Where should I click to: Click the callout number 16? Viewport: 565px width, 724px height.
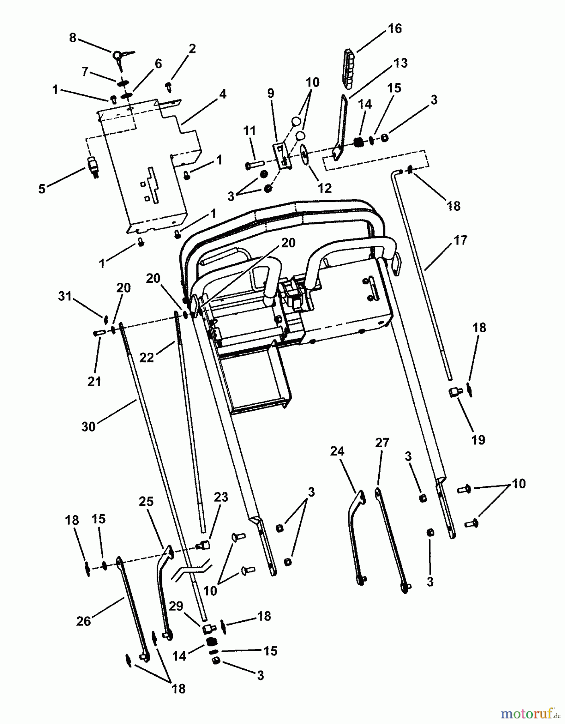[x=395, y=29]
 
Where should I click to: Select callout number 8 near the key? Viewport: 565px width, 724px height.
[x=72, y=38]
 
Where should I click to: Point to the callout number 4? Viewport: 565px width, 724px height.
[x=223, y=94]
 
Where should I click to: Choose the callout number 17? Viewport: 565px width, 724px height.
[x=460, y=240]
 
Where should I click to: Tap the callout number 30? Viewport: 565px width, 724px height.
[x=88, y=426]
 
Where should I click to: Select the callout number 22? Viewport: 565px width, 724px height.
[x=147, y=357]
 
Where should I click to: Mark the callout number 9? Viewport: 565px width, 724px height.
[x=271, y=93]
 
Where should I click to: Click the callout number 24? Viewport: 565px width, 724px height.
[x=337, y=451]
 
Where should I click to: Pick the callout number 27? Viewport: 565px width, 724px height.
[x=382, y=443]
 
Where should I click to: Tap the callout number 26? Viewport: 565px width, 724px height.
[x=84, y=621]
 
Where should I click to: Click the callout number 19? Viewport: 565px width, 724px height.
[x=478, y=440]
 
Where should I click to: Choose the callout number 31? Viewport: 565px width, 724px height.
[x=65, y=296]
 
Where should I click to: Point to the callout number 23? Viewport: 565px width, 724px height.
[x=221, y=497]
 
